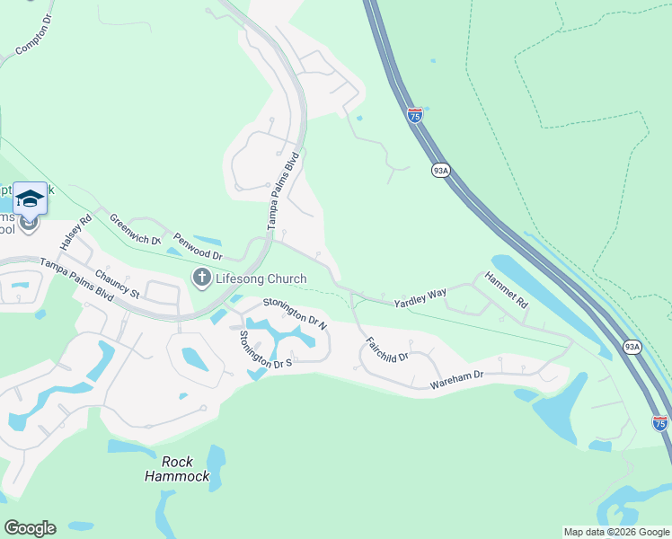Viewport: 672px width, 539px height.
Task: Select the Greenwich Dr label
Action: (135, 230)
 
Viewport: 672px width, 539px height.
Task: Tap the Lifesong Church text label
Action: (261, 278)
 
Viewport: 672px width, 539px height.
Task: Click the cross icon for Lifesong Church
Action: (201, 278)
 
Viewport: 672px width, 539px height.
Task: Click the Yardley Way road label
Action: (420, 298)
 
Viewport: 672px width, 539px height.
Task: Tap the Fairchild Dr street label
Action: (387, 349)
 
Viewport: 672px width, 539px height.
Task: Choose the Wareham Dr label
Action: (457, 380)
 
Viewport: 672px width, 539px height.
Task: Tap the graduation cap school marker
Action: (30, 198)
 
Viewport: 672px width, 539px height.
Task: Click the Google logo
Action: (30, 528)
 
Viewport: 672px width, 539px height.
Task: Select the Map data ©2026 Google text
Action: (615, 532)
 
